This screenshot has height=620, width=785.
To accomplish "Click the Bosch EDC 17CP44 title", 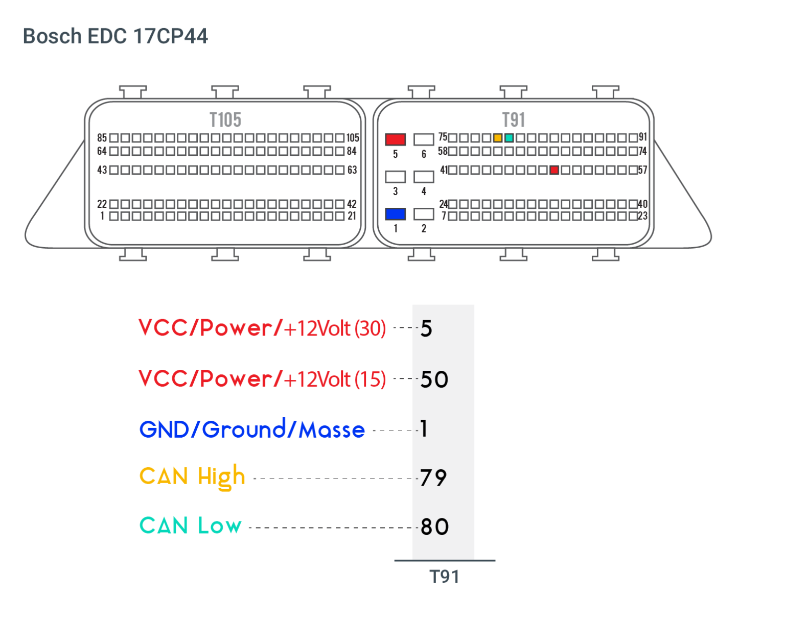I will point(116,36).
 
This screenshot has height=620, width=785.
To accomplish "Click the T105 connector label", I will point(225,120).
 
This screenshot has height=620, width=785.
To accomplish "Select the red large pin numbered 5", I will point(395,139).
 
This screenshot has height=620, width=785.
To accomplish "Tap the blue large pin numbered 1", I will point(395,214).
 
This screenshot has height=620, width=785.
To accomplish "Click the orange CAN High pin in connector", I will point(498,138).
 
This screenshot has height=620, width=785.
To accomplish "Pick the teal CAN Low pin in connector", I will point(509,138).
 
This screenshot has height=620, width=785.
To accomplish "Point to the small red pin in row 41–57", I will point(554,170).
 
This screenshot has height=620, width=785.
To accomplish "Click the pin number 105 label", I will point(353,138).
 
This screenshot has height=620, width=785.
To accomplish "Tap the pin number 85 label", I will point(102,138).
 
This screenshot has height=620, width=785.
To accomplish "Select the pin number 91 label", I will point(643,137).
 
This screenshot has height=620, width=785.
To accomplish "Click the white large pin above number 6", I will point(424,139).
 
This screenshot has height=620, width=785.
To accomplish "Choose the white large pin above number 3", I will point(395,177).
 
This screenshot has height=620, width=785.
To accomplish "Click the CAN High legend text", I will point(192,476).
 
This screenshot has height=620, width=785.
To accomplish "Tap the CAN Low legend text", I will point(190,526).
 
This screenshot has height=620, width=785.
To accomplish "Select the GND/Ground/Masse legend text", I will point(252,429).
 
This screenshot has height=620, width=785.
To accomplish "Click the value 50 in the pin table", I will point(434,379).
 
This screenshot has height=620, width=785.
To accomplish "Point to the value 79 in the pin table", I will point(433,478).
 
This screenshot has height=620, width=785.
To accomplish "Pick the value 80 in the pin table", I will point(434,527).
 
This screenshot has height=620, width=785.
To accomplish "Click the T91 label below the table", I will point(444,577).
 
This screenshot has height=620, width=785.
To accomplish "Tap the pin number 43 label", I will point(102,170).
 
